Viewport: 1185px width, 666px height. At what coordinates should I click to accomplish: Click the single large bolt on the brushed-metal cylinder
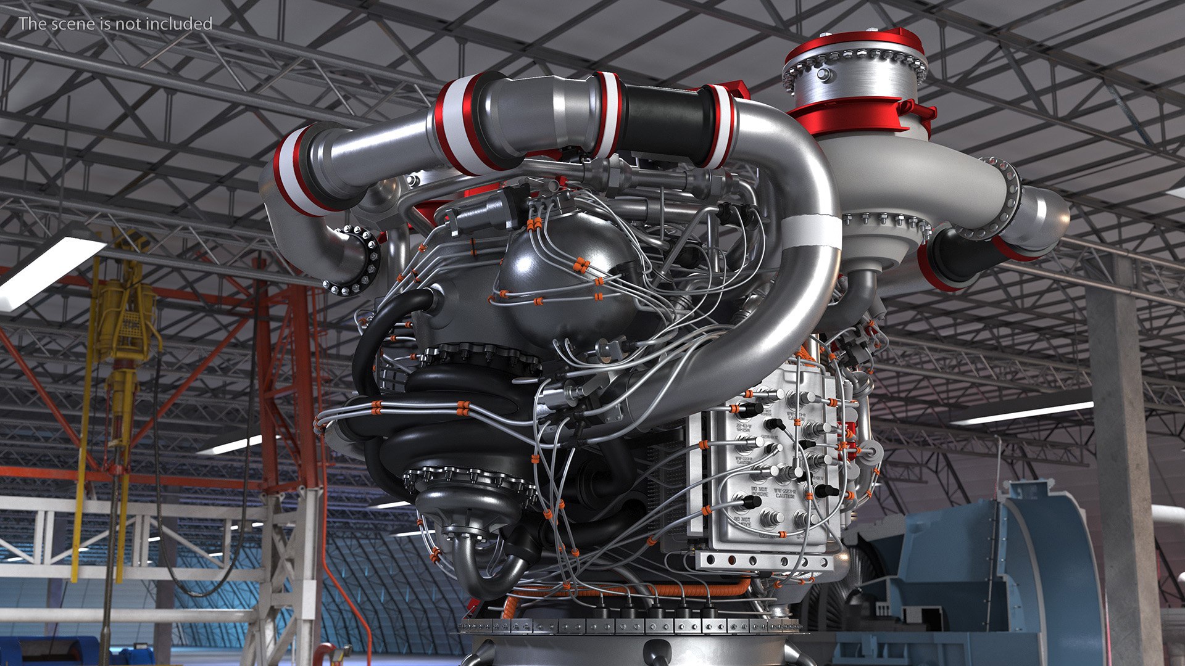pos(824,75)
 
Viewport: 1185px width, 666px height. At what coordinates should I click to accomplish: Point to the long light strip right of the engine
pos(1021,413)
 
